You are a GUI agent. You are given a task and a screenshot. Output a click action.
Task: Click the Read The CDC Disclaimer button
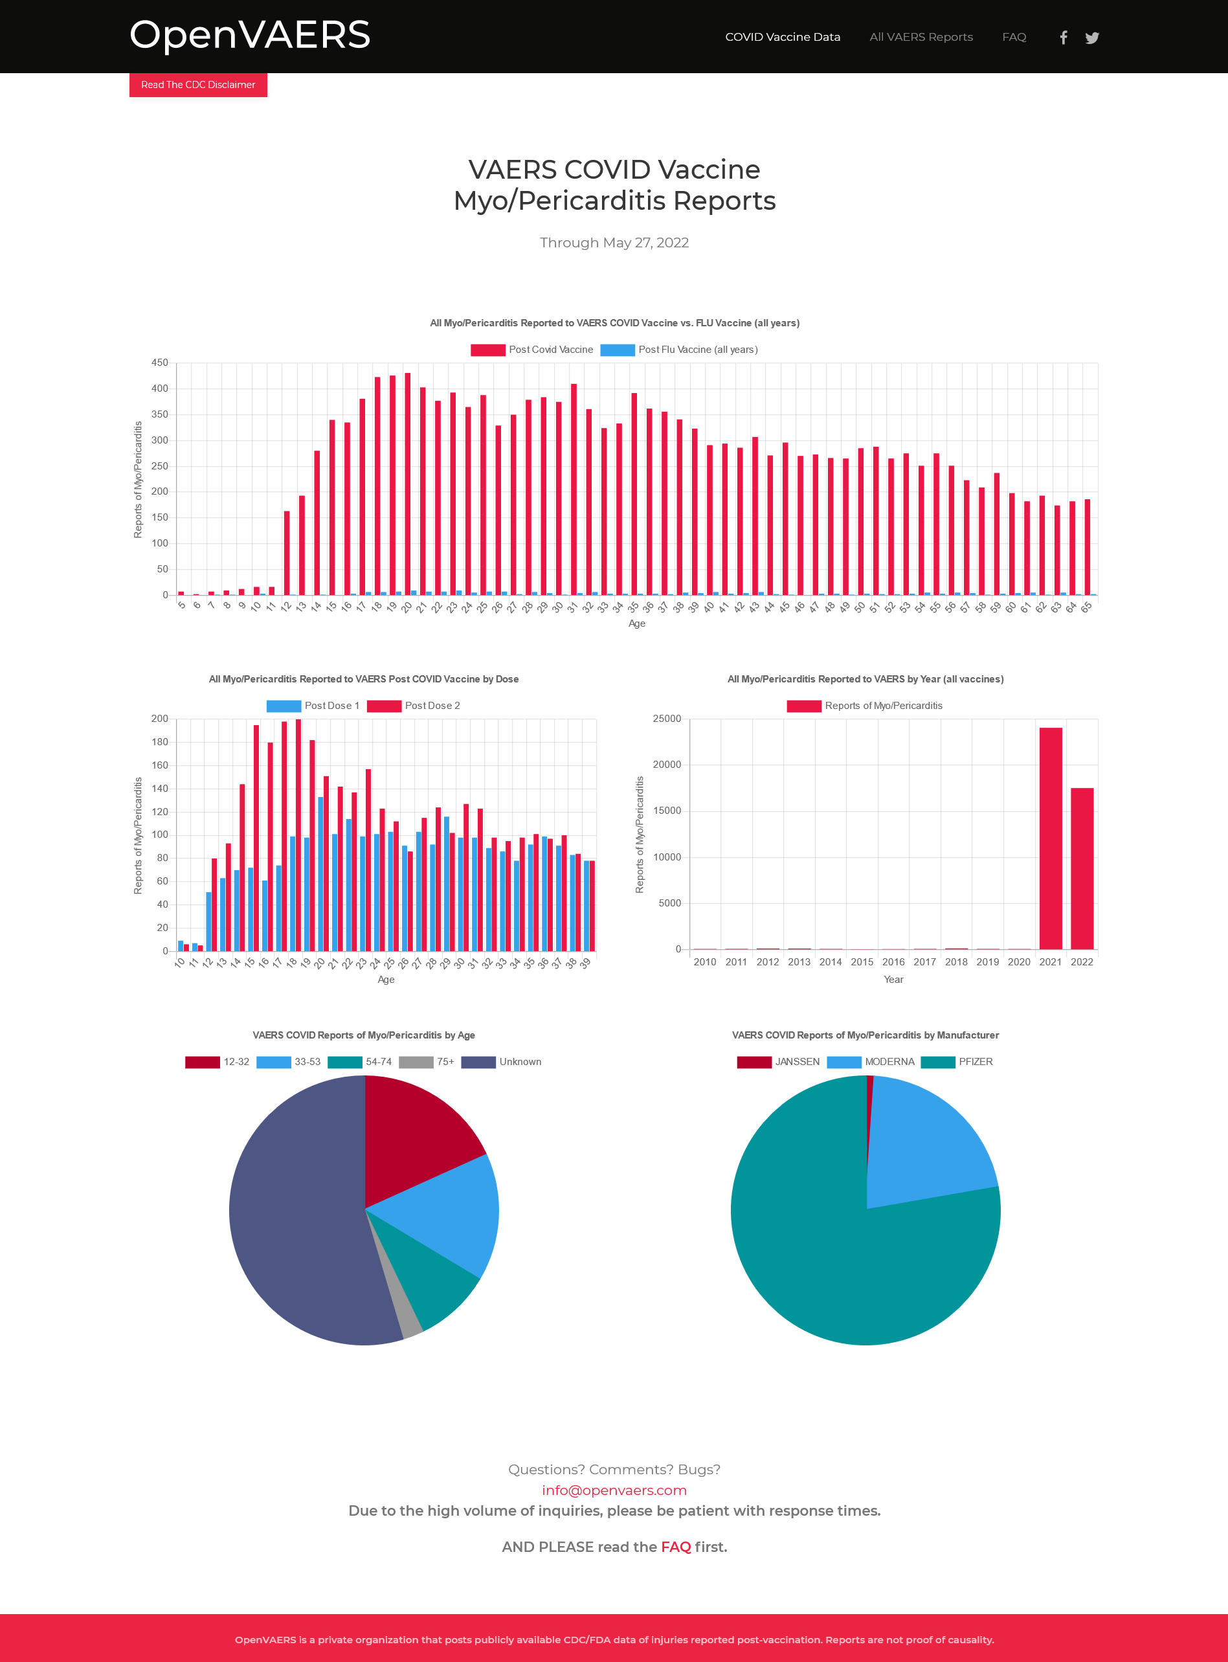click(x=197, y=85)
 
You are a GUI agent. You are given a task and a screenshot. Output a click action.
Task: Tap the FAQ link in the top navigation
click(x=1014, y=37)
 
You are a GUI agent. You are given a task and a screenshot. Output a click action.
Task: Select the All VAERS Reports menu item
click(x=921, y=37)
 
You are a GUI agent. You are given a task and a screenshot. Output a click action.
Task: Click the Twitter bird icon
click(x=1092, y=38)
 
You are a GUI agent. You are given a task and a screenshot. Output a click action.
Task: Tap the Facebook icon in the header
click(x=1064, y=38)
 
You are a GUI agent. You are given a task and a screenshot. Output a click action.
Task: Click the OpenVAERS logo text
click(x=250, y=35)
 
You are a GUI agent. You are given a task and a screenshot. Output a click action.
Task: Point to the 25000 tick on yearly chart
click(x=667, y=719)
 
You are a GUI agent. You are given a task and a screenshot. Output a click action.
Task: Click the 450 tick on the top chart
click(x=160, y=363)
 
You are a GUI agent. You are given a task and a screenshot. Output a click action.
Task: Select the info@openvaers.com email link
click(x=614, y=1490)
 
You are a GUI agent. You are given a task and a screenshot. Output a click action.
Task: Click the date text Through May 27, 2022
click(x=614, y=243)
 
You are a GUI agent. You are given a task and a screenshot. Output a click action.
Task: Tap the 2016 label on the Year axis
click(x=893, y=962)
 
